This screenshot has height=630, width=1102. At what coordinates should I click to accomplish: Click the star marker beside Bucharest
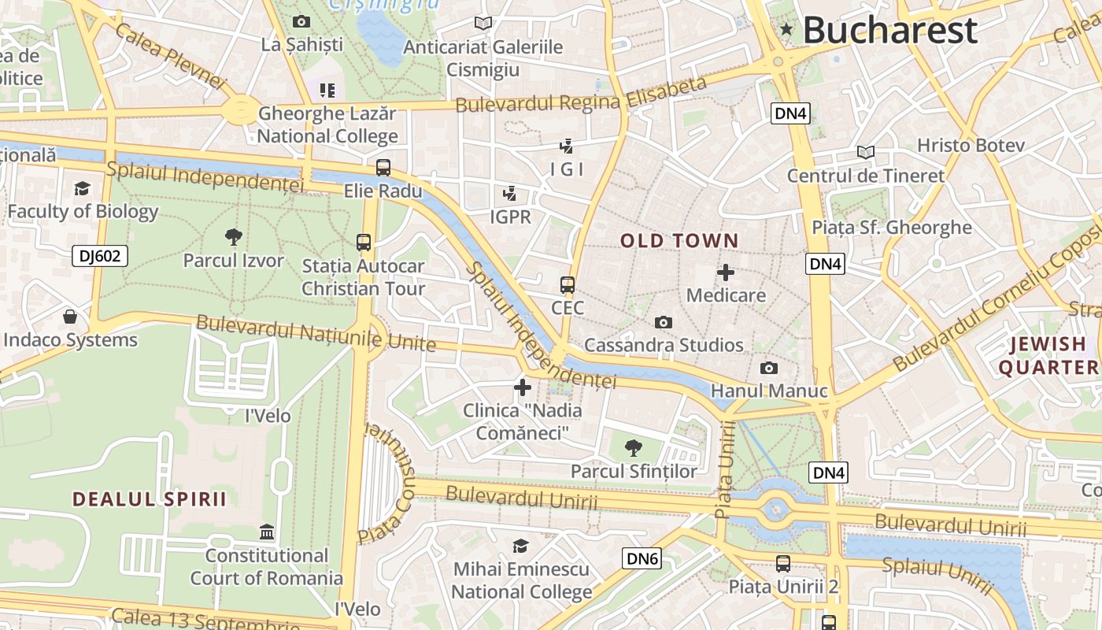click(786, 30)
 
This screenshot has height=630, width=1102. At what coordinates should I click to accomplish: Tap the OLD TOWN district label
click(680, 241)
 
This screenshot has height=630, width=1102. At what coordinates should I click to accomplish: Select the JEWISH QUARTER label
click(1048, 355)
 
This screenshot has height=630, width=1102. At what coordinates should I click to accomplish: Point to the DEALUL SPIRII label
click(150, 498)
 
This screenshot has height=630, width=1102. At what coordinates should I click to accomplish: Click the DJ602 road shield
click(99, 255)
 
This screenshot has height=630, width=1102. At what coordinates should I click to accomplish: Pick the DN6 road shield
click(642, 558)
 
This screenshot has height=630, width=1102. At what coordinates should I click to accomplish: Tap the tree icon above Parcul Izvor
click(233, 235)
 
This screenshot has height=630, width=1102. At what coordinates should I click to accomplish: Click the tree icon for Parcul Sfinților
click(633, 448)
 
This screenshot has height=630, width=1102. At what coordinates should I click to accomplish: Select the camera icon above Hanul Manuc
click(768, 368)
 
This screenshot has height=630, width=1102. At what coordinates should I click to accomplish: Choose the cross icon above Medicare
click(726, 272)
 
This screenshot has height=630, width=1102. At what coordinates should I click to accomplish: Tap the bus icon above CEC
click(568, 284)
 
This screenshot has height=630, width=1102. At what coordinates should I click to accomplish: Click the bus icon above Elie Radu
click(383, 168)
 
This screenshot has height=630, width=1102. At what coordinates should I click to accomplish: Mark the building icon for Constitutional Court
click(267, 532)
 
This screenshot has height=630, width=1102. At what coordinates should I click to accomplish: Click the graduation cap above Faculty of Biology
click(82, 188)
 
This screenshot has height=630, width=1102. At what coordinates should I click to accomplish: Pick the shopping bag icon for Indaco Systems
click(70, 317)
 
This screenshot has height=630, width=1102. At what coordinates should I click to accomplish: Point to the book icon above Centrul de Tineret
click(865, 152)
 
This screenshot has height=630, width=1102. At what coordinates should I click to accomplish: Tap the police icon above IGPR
click(510, 193)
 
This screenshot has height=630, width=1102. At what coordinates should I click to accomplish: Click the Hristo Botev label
click(971, 146)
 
